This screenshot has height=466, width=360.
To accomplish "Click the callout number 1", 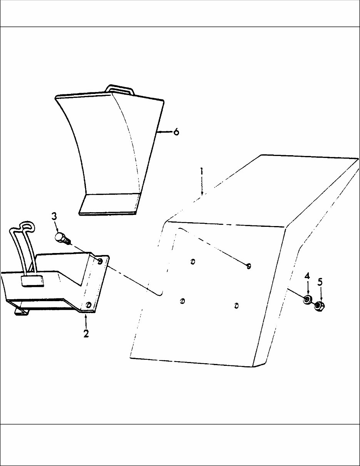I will pos(201,172).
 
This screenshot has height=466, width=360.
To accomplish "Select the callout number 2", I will pos(86,333).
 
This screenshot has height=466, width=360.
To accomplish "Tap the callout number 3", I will pos(54,216).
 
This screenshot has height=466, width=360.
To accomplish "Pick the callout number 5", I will pos(320,282).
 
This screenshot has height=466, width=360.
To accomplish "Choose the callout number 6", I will pos(176,132).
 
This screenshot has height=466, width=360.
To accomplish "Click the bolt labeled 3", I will pos(62,237).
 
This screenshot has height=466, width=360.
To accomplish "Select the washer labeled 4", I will pos(307,300).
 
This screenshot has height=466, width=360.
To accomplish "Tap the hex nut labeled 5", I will pos(319,306).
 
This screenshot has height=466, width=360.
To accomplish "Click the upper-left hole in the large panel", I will pos(193,262).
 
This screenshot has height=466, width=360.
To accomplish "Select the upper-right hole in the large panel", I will pos(249,266).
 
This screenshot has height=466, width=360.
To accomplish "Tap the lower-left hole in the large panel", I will pos(183,301).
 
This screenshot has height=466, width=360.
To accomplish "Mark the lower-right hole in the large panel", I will pos(236,306).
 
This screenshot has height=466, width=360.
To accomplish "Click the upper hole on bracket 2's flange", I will pos(100,262).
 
